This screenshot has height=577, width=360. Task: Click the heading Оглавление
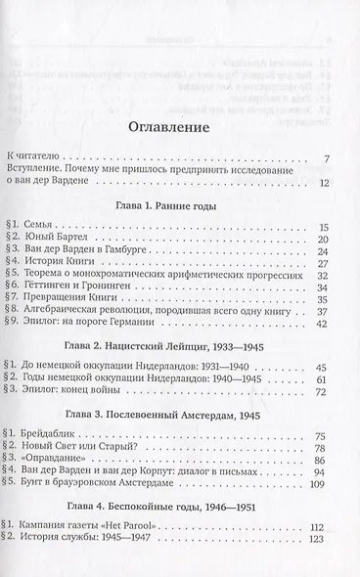click(x=180, y=126)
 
